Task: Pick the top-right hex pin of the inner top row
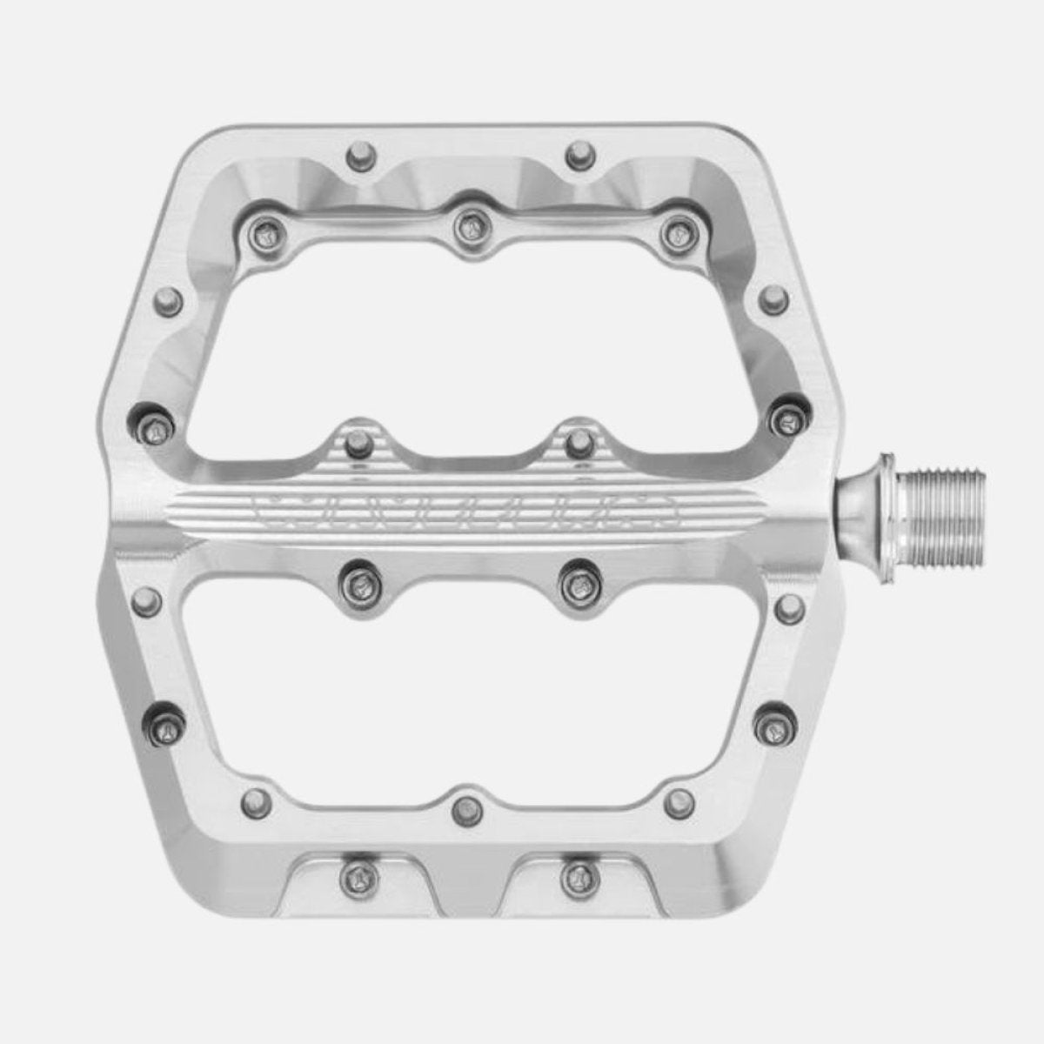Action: click(x=675, y=231)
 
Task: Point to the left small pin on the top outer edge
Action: click(x=356, y=157)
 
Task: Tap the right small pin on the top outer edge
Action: click(x=577, y=157)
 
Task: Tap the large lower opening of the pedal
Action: click(x=470, y=687)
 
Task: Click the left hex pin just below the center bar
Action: click(x=357, y=578)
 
